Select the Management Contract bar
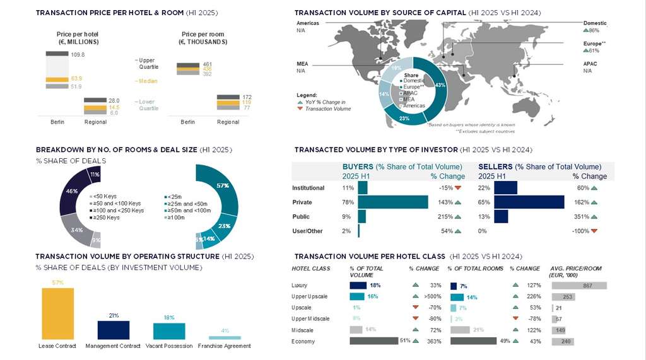pyautogui.click(x=113, y=330)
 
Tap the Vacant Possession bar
pyautogui.click(x=169, y=331)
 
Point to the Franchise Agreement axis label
pyautogui.click(x=224, y=345)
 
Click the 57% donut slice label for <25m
pyautogui.click(x=222, y=185)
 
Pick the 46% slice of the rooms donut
pyautogui.click(x=72, y=190)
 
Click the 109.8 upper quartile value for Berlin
pyautogui.click(x=78, y=55)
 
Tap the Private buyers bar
pyautogui.click(x=392, y=202)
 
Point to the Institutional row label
pyautogui.click(x=308, y=188)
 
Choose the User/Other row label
pyautogui.click(x=307, y=231)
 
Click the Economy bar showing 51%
pyautogui.click(x=375, y=341)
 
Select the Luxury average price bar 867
pyautogui.click(x=578, y=286)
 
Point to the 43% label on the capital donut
pyautogui.click(x=440, y=85)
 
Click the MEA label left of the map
pyautogui.click(x=302, y=64)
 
